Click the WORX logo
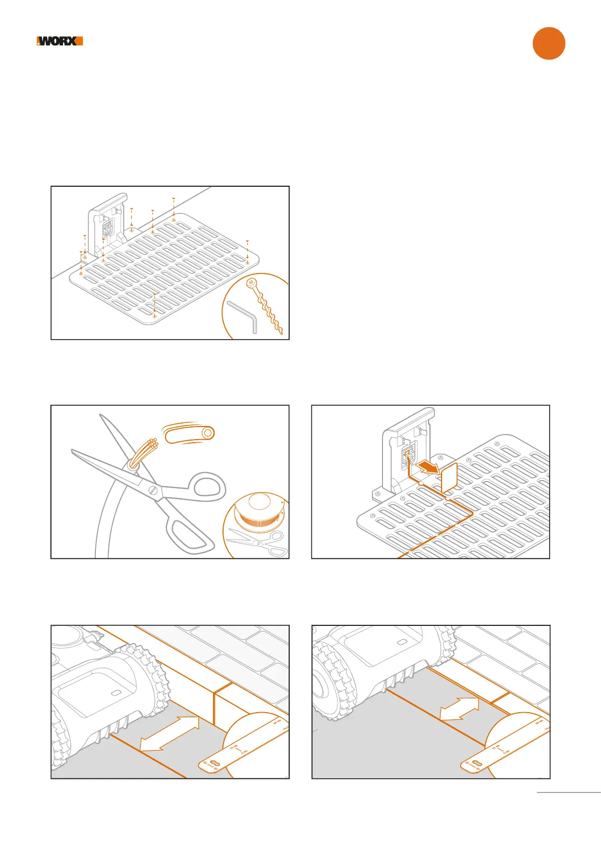pos(60,41)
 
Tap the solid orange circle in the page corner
pos(549,43)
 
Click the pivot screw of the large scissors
pos(153,489)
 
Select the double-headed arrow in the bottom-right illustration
pos(459,708)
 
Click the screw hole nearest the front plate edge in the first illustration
pos(155,315)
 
